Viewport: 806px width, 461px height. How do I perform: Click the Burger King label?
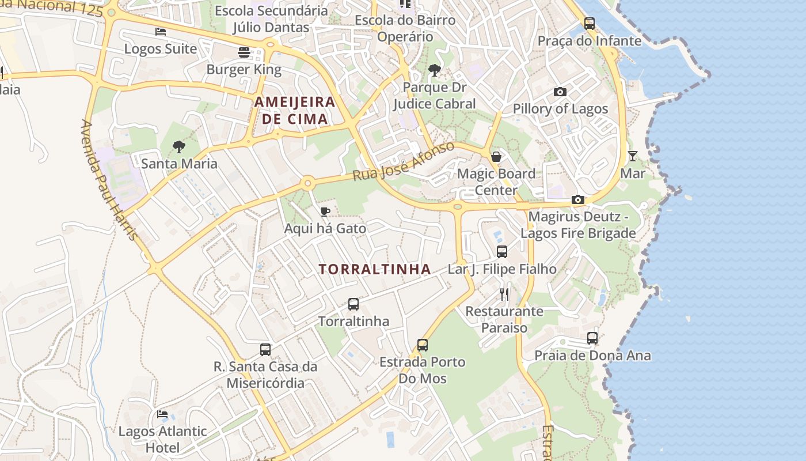point(244,70)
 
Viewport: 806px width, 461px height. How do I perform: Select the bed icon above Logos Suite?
point(161,32)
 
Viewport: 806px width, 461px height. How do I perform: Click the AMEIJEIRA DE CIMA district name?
point(295,111)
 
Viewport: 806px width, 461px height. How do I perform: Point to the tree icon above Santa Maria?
point(179,147)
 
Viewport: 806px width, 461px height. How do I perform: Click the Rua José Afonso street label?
point(403,161)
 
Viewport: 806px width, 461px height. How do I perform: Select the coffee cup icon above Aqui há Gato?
point(325,211)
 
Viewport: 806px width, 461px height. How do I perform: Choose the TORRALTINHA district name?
point(375,269)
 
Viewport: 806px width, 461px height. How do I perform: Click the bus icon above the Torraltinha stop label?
point(353,304)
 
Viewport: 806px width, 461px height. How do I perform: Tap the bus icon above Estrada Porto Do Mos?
point(423,345)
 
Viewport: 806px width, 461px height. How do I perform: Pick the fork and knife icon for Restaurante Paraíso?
point(504,294)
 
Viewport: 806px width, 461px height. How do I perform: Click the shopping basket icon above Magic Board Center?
point(496,157)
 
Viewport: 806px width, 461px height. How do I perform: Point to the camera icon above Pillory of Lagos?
point(560,92)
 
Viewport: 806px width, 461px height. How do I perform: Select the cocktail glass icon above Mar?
point(633,156)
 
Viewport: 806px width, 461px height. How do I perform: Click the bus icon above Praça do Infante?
point(590,24)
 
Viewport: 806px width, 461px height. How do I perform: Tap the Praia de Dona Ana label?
point(592,356)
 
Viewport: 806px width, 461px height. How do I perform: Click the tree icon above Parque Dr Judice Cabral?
point(435,71)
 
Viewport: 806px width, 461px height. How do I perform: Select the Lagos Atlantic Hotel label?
point(162,439)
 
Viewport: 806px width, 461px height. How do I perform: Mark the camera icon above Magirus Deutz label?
point(578,200)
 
